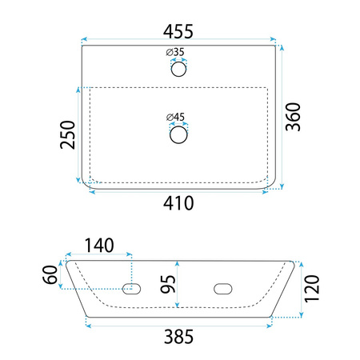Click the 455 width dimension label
[178, 32]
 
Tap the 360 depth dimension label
[293, 117]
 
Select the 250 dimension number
[68, 134]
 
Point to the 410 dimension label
[178, 203]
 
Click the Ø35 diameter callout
[175, 52]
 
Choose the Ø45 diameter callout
[175, 117]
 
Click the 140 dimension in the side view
[99, 246]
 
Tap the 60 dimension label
[50, 274]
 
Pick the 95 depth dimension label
[168, 284]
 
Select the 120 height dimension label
[312, 289]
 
